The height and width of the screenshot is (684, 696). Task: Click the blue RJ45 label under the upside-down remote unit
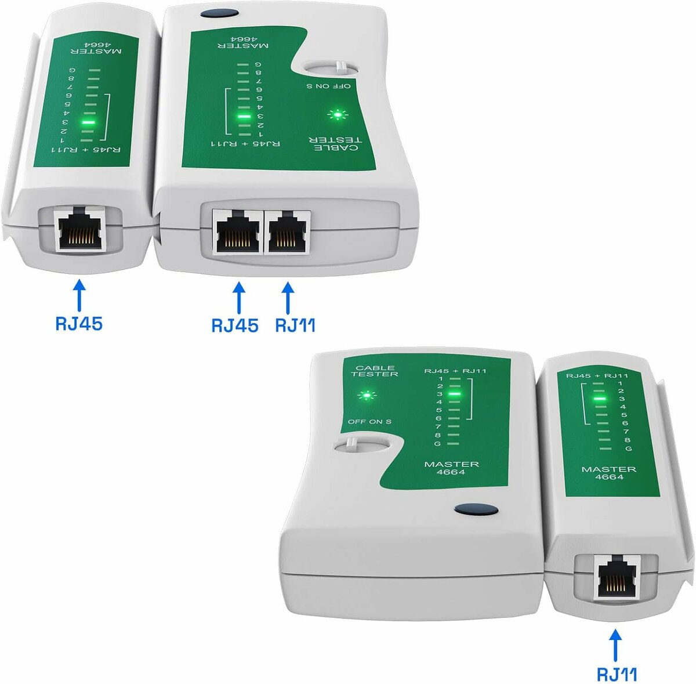(x=79, y=323)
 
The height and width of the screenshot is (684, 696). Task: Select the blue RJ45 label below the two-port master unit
(x=234, y=325)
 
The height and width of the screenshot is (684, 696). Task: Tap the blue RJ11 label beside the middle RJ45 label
(x=295, y=325)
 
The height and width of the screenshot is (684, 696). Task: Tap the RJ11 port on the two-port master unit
(x=288, y=231)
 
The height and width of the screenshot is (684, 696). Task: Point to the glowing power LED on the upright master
(x=365, y=396)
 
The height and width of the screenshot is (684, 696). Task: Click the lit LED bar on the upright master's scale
(x=455, y=394)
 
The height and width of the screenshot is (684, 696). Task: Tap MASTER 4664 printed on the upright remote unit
(x=609, y=472)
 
